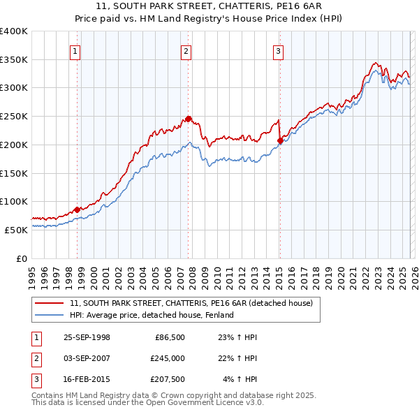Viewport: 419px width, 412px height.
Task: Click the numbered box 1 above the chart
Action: tap(74, 50)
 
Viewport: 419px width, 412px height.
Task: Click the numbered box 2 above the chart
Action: tap(186, 50)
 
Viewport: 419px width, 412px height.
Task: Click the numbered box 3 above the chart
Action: tap(278, 50)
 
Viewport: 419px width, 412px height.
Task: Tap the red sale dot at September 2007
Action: tap(188, 119)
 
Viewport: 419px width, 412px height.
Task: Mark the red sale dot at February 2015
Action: tap(280, 140)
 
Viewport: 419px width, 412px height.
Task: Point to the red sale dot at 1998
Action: tap(77, 209)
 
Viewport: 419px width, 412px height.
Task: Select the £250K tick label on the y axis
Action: tap(13, 116)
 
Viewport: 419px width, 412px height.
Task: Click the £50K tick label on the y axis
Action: tap(16, 230)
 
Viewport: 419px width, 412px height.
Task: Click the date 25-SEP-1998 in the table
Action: tap(87, 337)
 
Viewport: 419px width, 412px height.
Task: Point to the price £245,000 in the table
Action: tap(167, 358)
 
